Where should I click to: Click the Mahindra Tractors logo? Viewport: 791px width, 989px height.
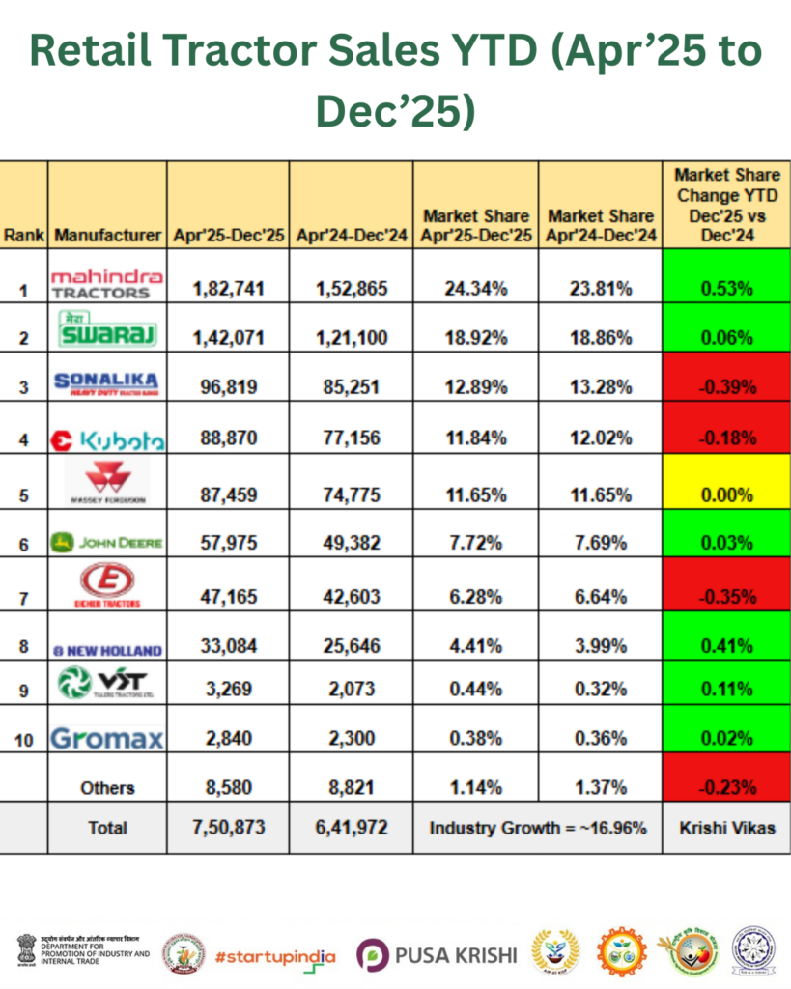(x=107, y=283)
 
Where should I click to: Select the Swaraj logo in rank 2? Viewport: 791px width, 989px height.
(x=107, y=331)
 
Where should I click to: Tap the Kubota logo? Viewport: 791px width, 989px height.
(x=107, y=440)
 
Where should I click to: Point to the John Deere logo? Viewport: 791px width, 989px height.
(x=107, y=543)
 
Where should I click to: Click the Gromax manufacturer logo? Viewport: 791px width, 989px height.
(x=107, y=739)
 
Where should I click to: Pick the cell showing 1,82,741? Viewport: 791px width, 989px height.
(x=228, y=287)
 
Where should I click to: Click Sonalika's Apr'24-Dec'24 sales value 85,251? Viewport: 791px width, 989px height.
(x=351, y=387)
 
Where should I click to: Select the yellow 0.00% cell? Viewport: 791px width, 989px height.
(x=725, y=494)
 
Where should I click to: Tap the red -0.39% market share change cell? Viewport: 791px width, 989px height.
(x=725, y=387)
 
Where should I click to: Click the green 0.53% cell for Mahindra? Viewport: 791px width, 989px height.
(x=725, y=287)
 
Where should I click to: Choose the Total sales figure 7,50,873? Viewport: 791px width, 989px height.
(x=228, y=828)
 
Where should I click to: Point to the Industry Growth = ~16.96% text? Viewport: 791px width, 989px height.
(x=537, y=828)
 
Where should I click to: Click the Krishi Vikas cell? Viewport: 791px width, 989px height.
(x=725, y=828)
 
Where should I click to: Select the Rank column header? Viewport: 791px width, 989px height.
(x=23, y=235)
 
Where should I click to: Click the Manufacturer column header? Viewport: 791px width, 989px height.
(x=107, y=235)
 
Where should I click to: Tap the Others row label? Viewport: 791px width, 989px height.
(x=107, y=787)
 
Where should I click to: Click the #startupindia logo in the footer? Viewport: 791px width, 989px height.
(x=276, y=955)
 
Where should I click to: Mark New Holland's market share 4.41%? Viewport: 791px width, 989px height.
(x=475, y=644)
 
